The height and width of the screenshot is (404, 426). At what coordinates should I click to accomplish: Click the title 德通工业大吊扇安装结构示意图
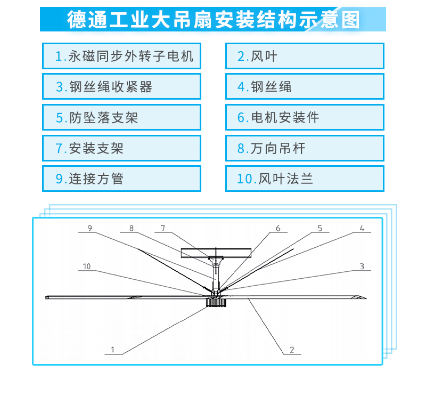tap(214, 20)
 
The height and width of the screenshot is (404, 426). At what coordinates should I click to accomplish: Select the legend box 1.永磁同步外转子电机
tap(121, 56)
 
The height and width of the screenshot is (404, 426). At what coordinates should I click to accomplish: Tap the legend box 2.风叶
tap(305, 56)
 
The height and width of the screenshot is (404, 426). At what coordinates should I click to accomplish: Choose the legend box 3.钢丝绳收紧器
tap(121, 86)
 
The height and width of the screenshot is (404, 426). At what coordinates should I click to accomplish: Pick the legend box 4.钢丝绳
tap(305, 86)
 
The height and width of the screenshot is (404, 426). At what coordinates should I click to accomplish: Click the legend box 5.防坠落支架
tap(121, 117)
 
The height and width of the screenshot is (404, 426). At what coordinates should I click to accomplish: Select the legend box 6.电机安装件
tap(305, 117)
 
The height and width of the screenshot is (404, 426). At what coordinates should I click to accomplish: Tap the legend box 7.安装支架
tap(121, 148)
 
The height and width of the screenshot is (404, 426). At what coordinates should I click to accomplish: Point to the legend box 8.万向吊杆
tap(305, 148)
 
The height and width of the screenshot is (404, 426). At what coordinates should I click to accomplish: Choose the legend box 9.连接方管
tap(121, 179)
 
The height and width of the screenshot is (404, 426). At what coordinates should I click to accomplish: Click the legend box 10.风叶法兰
tap(305, 179)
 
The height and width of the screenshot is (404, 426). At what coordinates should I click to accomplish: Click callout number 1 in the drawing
tap(113, 349)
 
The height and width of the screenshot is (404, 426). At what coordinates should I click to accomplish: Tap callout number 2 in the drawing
tap(292, 350)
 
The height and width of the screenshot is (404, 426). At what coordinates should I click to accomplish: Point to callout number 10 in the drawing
tap(86, 266)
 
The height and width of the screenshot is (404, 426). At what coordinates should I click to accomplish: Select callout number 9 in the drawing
tap(90, 228)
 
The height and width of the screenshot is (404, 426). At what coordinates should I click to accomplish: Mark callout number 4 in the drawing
tap(362, 228)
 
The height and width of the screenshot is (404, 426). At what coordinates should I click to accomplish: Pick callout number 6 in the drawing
tap(278, 228)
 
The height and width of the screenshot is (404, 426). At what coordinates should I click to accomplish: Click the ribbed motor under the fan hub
tap(216, 302)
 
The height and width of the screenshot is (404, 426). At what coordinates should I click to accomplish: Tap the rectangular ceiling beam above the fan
tap(216, 253)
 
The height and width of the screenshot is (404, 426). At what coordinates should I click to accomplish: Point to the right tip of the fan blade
tap(366, 298)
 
